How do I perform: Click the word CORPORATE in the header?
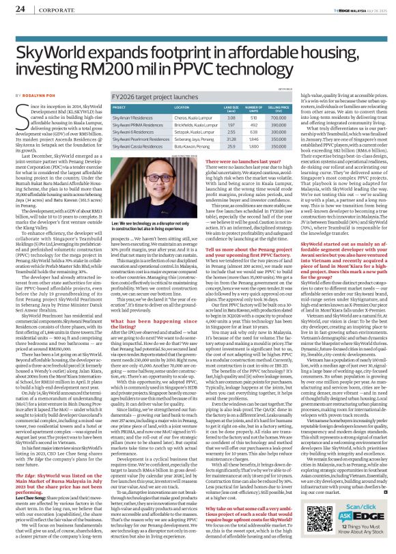(x=48, y=9)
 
